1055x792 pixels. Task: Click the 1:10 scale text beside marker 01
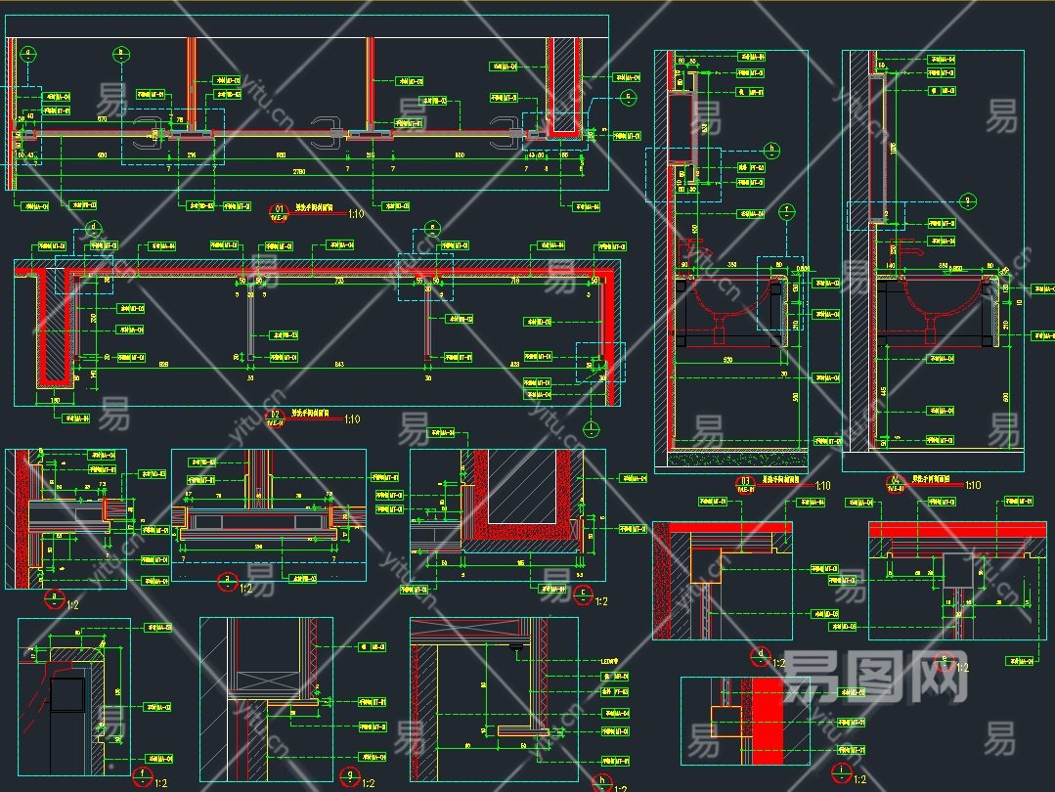pyautogui.click(x=355, y=213)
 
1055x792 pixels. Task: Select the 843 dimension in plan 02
pyautogui.click(x=338, y=365)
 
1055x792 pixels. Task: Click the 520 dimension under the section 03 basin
pyautogui.click(x=727, y=361)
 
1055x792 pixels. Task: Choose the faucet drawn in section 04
pyautogui.click(x=915, y=248)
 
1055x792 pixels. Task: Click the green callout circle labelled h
pyautogui.click(x=771, y=151)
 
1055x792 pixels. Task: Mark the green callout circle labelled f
pyautogui.click(x=784, y=210)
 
